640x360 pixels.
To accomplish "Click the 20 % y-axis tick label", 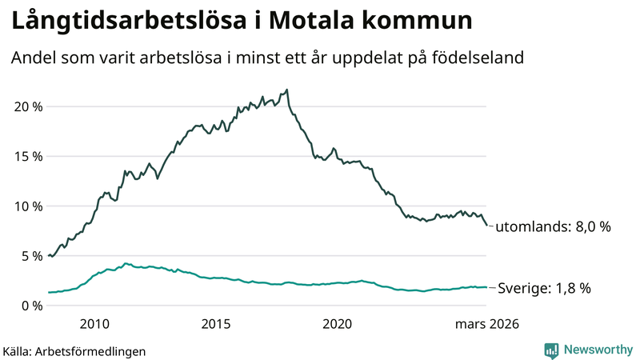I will [x=27, y=106].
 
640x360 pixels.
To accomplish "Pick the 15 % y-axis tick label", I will [x=27, y=156].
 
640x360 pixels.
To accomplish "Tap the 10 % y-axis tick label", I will [x=27, y=206].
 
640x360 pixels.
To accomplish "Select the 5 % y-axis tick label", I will [x=30, y=256].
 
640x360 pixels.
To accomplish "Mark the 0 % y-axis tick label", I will [x=30, y=306].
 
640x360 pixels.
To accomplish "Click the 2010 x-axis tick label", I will [x=94, y=324].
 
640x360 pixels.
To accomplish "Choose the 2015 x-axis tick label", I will [x=216, y=324].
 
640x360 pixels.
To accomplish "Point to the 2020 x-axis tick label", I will [x=337, y=324].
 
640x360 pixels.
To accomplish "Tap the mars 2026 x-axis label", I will [x=487, y=324].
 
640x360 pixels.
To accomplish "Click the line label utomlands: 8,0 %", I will [x=553, y=227].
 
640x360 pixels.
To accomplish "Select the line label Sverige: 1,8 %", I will [x=545, y=288].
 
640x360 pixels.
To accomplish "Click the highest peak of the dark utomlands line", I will [x=287, y=90].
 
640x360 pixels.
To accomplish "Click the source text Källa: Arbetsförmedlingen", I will [x=74, y=350].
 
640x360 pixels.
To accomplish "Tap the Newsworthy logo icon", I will [x=551, y=350].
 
